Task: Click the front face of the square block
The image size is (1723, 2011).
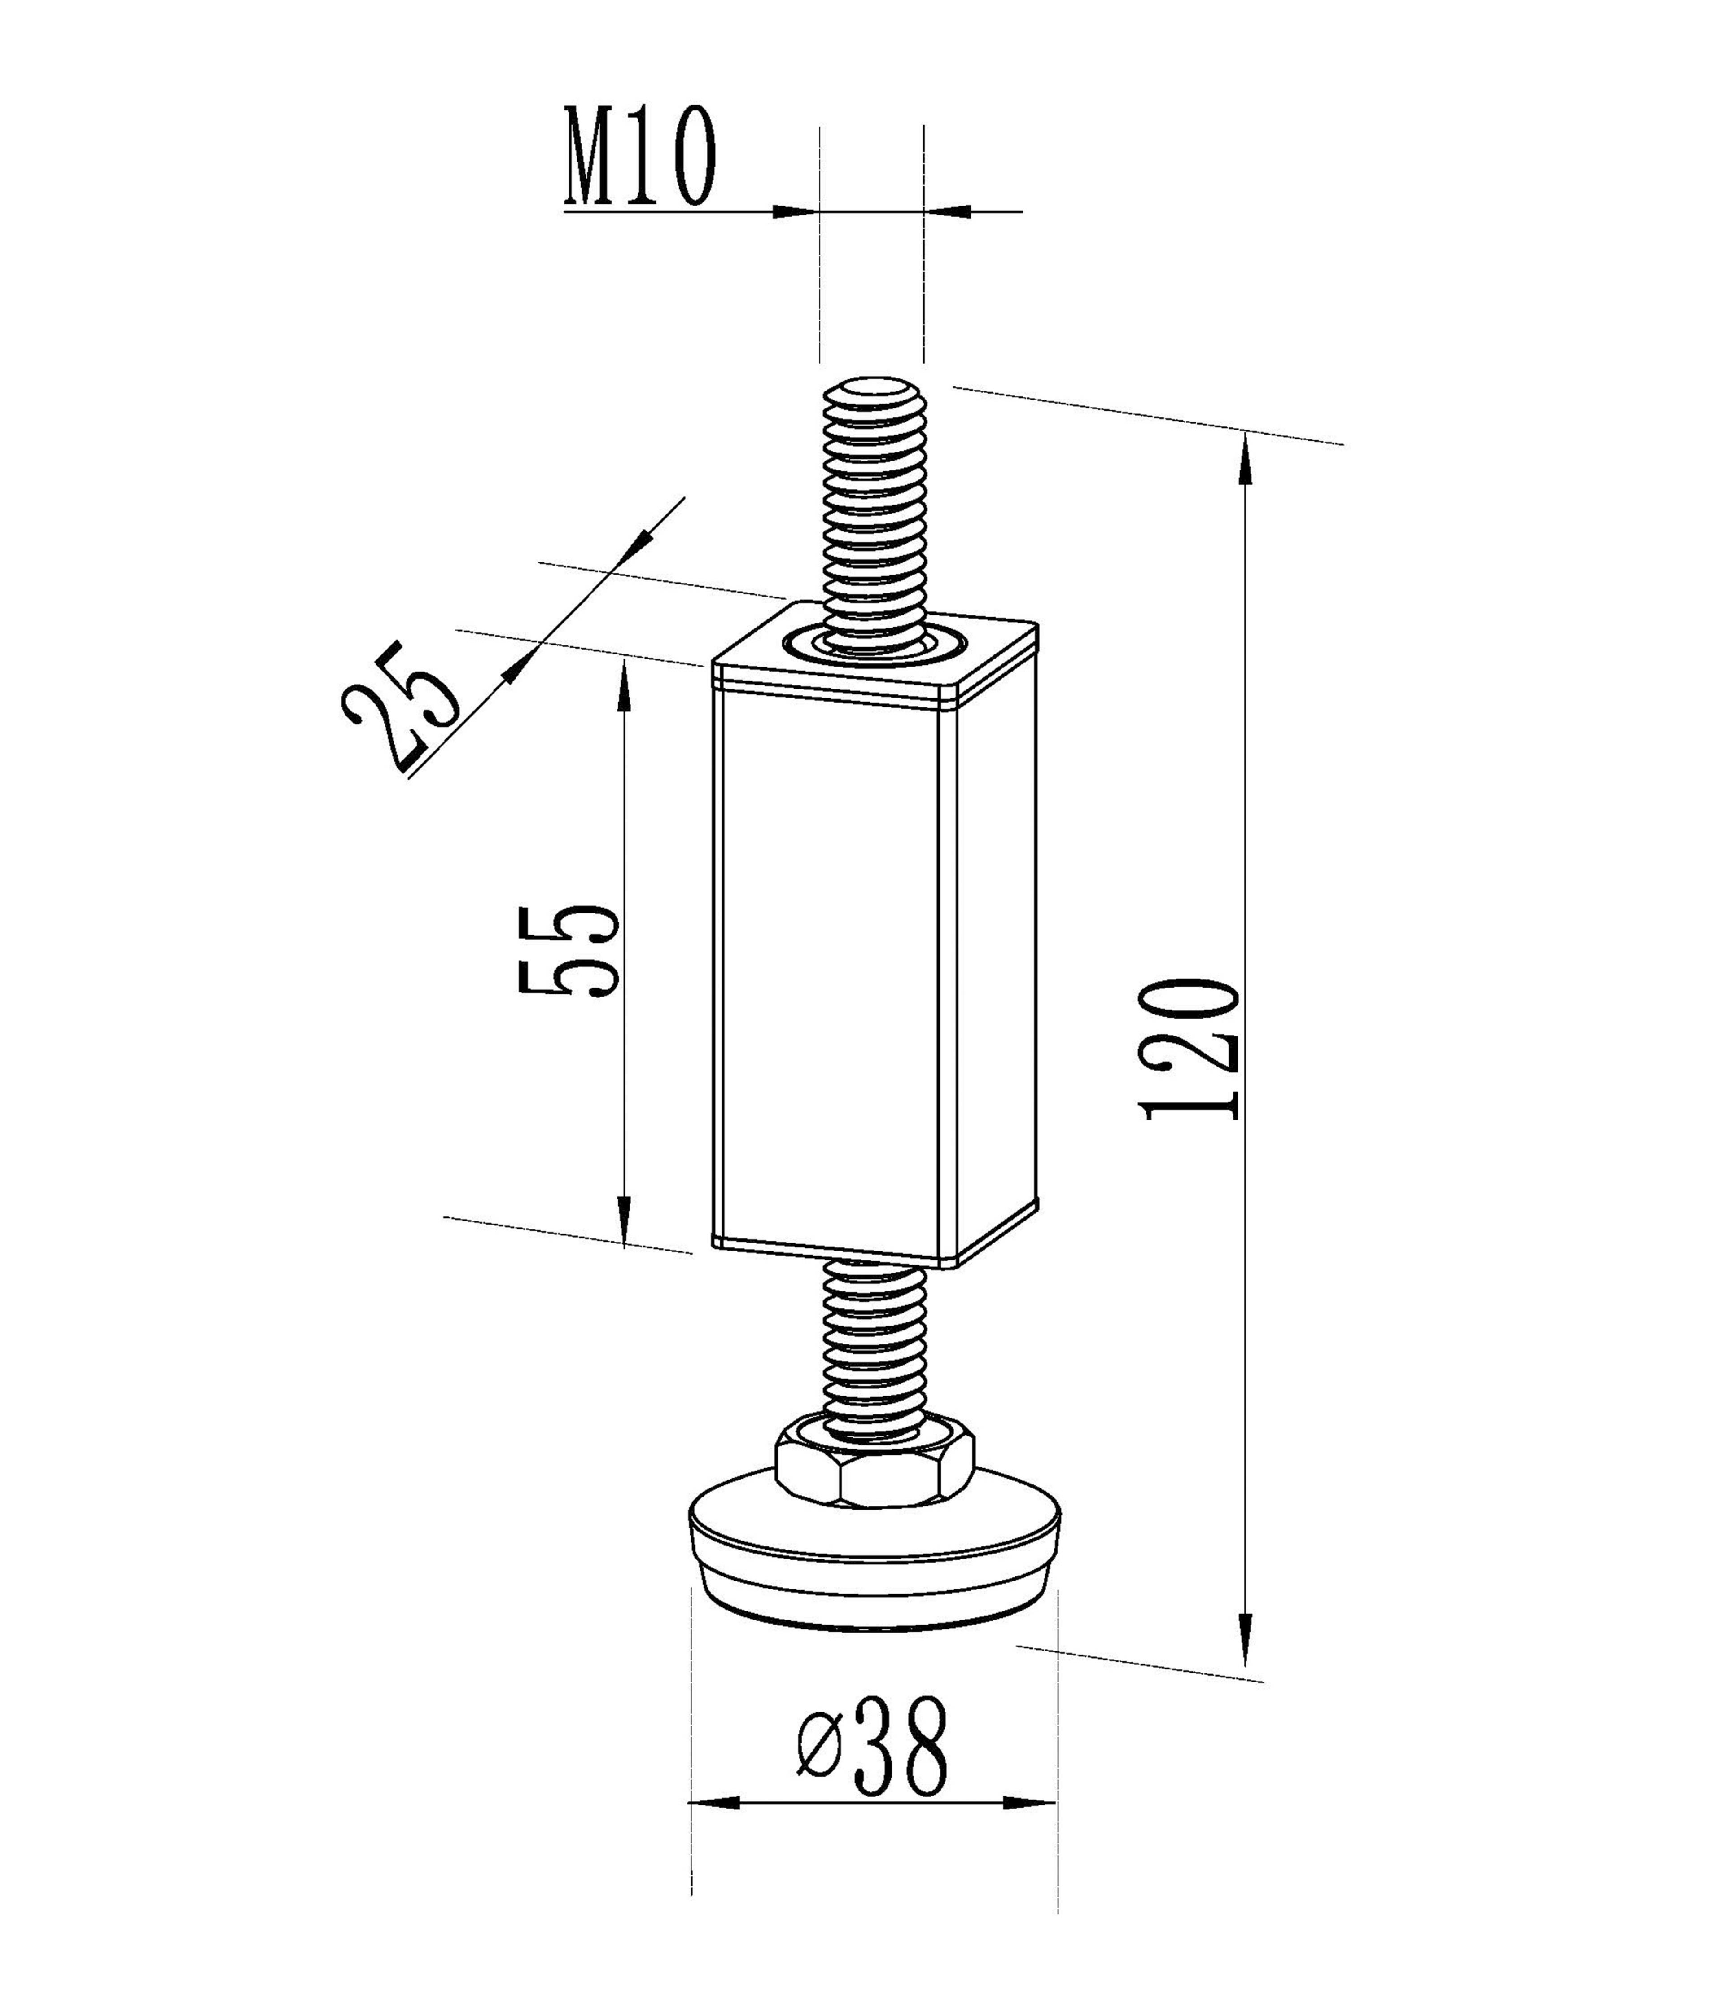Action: click(834, 966)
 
